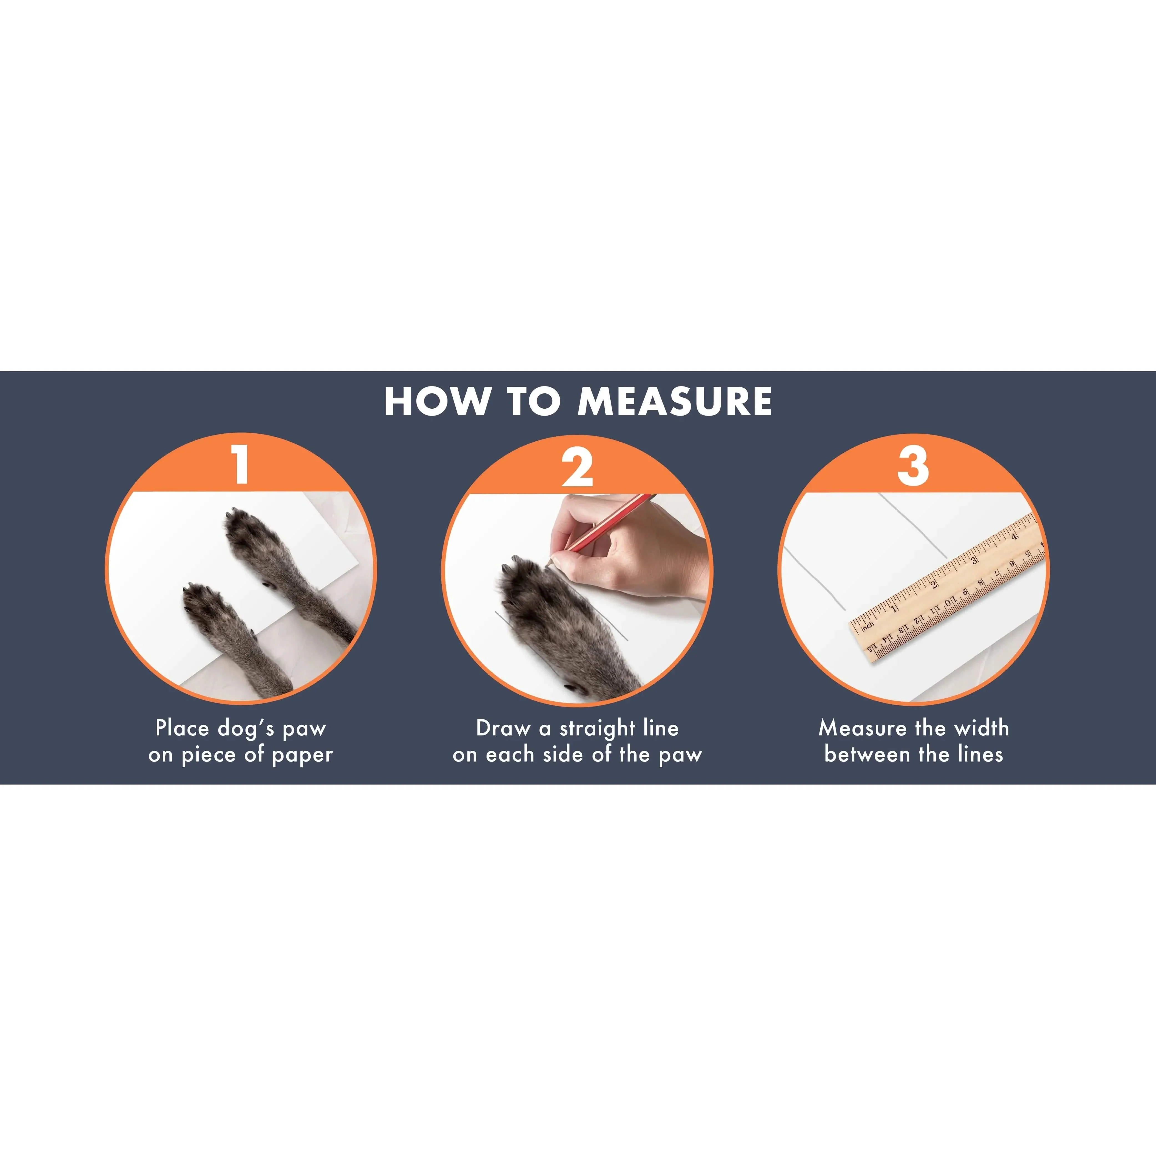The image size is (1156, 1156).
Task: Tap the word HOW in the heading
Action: (x=437, y=401)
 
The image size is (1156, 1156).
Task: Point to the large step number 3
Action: (x=913, y=466)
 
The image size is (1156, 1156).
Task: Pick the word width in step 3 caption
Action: (x=981, y=728)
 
